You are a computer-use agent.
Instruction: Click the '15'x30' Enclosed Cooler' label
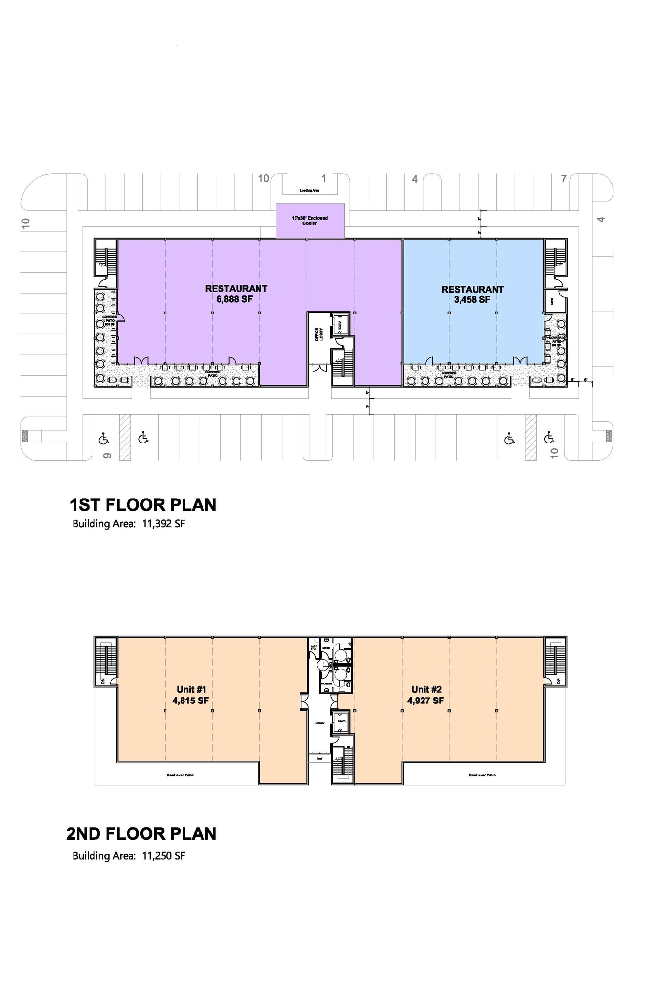(x=310, y=221)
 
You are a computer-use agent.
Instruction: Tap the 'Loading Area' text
(x=309, y=190)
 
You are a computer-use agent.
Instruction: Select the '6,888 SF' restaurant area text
(x=235, y=299)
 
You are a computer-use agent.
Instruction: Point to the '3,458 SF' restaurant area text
(x=472, y=300)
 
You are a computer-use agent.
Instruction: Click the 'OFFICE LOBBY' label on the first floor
(x=319, y=334)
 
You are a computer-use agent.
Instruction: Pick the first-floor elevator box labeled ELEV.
(x=339, y=324)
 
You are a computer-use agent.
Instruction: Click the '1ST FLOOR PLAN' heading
(x=143, y=505)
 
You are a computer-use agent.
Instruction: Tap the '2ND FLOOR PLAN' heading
(x=141, y=833)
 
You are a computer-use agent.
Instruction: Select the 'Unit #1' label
(x=192, y=689)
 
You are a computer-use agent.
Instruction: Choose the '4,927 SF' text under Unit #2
(x=425, y=701)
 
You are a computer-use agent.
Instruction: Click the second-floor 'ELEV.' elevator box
(x=341, y=722)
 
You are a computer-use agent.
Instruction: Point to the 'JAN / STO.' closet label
(x=313, y=647)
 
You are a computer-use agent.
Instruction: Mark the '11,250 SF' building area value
(x=164, y=856)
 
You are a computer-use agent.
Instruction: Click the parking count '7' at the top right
(x=564, y=179)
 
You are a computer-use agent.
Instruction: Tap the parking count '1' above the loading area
(x=324, y=178)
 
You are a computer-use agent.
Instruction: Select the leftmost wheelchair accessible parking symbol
(x=103, y=439)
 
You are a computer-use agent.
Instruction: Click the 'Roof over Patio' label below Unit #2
(x=482, y=775)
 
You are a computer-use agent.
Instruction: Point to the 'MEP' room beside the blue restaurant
(x=552, y=302)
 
